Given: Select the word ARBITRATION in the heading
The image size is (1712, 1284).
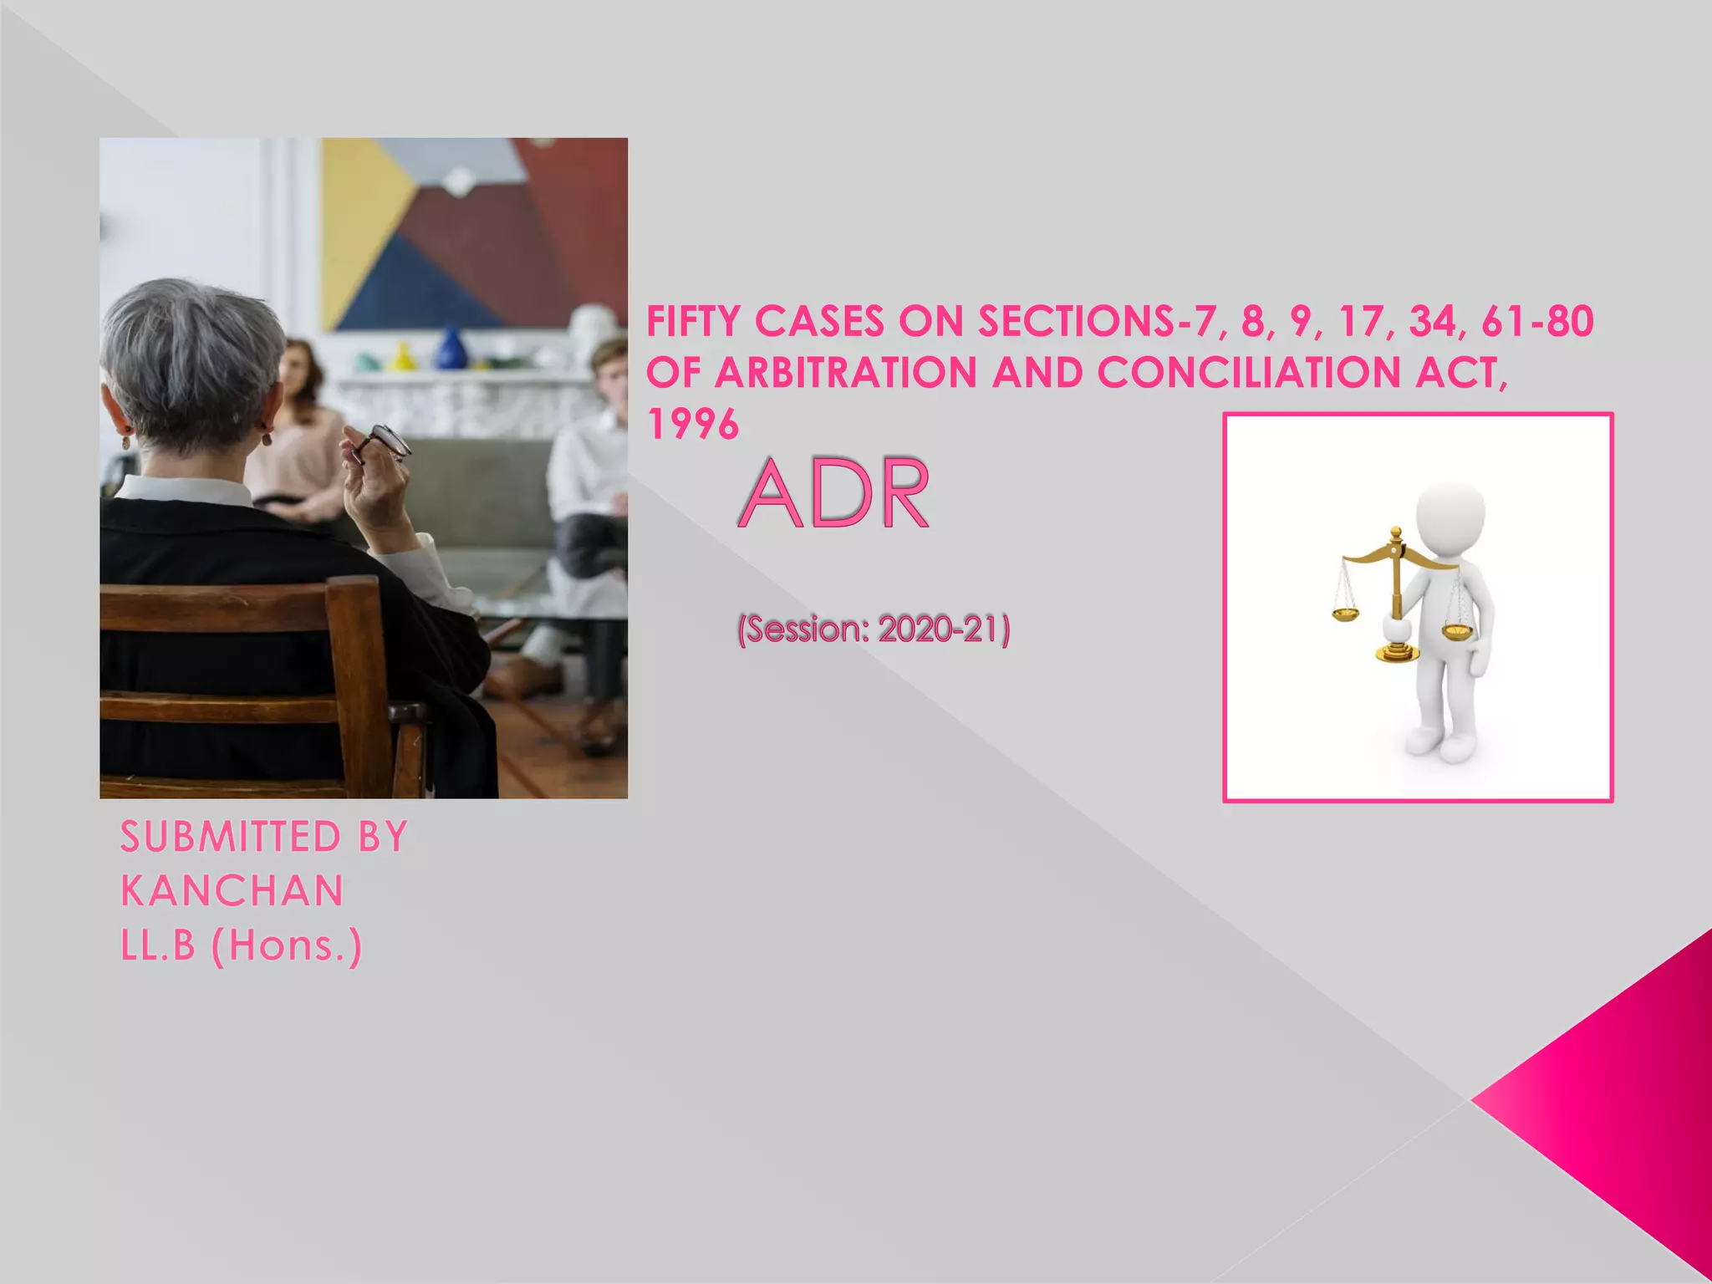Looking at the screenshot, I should (x=845, y=373).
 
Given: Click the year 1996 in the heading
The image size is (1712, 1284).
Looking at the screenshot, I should (x=693, y=425).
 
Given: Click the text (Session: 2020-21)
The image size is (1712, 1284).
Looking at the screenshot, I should (x=874, y=629).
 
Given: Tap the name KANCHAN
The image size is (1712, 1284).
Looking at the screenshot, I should (x=232, y=891).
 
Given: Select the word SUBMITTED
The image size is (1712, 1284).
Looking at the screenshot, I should (x=231, y=837).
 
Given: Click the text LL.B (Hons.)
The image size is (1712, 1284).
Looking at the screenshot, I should (x=242, y=945).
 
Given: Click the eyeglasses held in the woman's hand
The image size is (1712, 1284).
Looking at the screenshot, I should (x=383, y=443).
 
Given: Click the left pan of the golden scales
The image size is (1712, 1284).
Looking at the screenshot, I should (x=1345, y=614).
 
